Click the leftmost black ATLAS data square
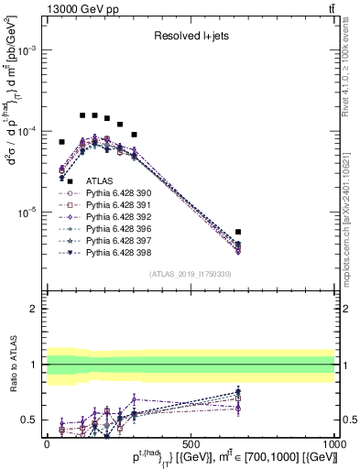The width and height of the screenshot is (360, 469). [x=62, y=142]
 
